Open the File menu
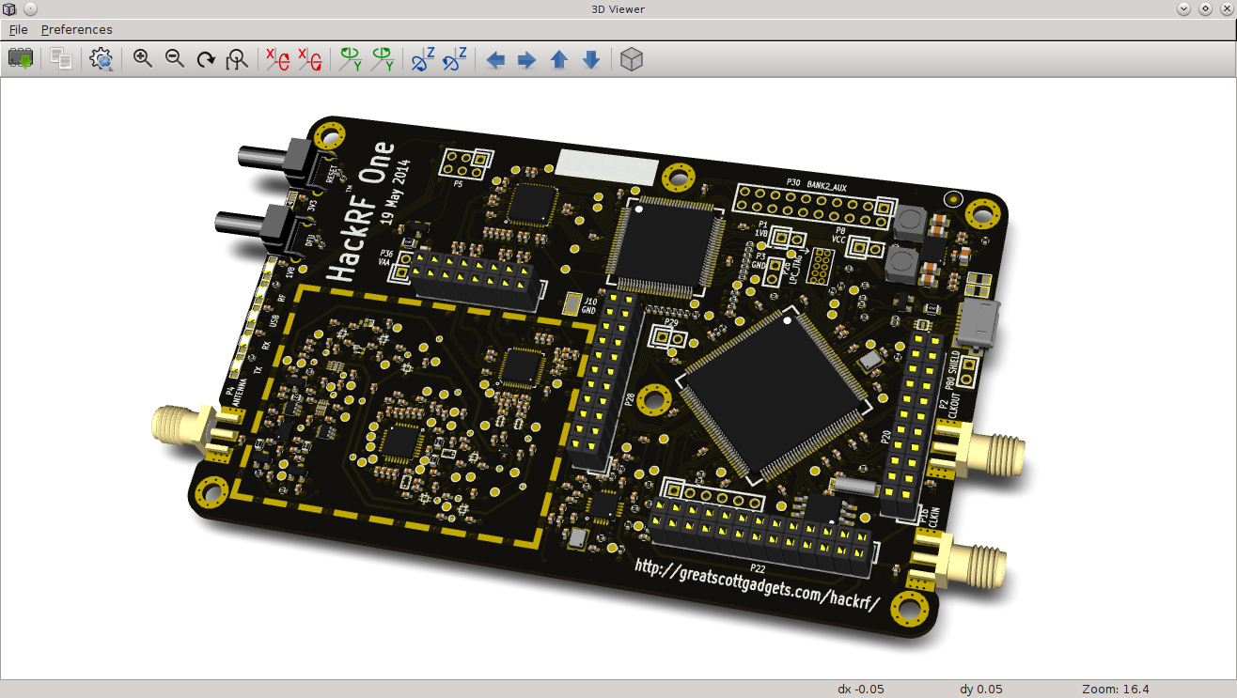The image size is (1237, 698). click(19, 29)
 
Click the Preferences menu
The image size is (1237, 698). click(76, 29)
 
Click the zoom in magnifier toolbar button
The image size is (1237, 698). click(143, 59)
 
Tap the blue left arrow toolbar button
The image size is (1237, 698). click(495, 60)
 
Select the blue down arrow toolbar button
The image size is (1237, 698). click(591, 60)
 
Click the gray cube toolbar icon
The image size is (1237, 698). click(633, 60)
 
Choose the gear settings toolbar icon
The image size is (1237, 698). click(102, 60)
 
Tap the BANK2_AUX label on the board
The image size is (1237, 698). click(826, 188)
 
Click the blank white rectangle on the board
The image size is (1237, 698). click(609, 165)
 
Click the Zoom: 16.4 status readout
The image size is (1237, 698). click(1118, 689)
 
